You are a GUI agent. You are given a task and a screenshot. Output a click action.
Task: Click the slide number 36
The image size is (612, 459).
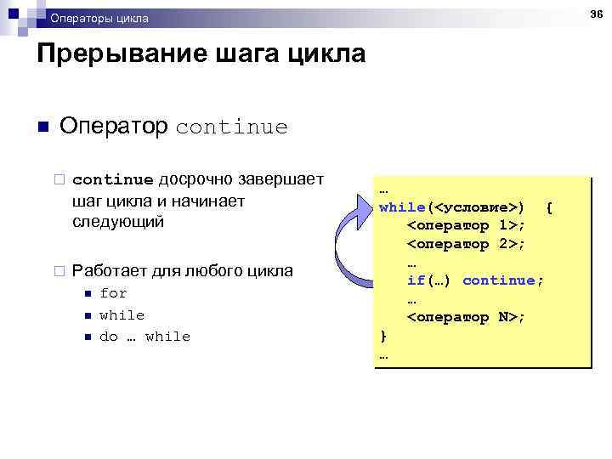pyautogui.click(x=597, y=15)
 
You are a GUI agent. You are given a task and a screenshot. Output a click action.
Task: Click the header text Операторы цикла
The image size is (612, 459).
pyautogui.click(x=99, y=18)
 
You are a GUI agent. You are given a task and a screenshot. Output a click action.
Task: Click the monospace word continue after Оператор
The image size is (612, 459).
pyautogui.click(x=231, y=127)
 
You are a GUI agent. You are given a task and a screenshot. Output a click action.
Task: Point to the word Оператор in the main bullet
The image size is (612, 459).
pyautogui.click(x=114, y=127)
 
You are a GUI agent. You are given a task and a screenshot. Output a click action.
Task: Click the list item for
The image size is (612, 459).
pyautogui.click(x=113, y=293)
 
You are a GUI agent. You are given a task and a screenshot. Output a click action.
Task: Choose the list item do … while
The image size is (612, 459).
pyautogui.click(x=144, y=337)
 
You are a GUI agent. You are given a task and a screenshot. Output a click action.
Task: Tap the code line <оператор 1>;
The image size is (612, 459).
pyautogui.click(x=466, y=225)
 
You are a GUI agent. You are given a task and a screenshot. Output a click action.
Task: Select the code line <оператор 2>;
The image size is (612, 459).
pyautogui.click(x=466, y=244)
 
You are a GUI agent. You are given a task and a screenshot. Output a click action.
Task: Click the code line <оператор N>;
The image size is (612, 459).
pyautogui.click(x=466, y=317)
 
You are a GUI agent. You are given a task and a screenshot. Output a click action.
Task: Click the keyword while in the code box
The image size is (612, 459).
pyautogui.click(x=403, y=207)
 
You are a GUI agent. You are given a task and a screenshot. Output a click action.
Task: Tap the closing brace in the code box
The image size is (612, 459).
pyautogui.click(x=383, y=336)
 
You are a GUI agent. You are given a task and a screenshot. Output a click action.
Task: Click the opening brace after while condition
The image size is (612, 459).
pyautogui.click(x=549, y=207)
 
